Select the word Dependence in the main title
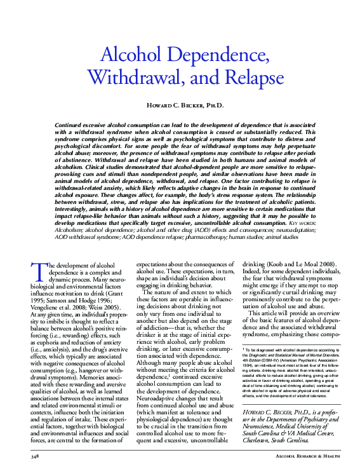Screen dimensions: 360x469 click(x=216, y=55)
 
